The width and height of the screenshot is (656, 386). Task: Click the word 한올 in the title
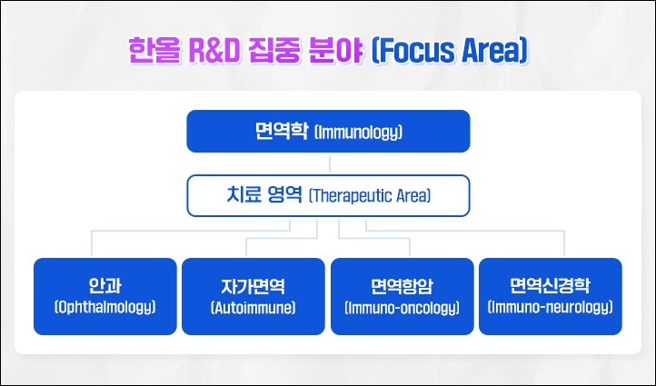(154, 51)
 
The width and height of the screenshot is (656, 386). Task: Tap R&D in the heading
(214, 51)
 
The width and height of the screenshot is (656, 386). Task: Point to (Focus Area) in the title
(450, 51)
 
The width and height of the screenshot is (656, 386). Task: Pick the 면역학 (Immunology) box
(328, 132)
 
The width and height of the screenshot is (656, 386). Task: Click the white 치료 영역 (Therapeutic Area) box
(328, 195)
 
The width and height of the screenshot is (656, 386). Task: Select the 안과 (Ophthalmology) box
(105, 296)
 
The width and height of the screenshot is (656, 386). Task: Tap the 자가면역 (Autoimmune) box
(253, 296)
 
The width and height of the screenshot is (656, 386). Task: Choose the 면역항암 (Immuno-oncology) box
(403, 296)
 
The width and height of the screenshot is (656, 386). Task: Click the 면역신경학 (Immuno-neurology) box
(551, 296)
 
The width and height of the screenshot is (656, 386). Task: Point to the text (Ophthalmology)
(105, 307)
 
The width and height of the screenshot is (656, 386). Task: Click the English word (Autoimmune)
(253, 308)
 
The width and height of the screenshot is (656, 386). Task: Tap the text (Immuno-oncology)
(403, 308)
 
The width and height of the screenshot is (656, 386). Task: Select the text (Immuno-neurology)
(551, 307)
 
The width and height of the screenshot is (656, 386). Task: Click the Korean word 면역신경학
(550, 285)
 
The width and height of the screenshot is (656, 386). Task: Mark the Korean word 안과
(105, 285)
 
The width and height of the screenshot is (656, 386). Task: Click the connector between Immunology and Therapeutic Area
(329, 163)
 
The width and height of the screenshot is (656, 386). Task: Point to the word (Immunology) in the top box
(358, 133)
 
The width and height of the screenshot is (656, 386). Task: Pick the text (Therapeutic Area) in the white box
(370, 195)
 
